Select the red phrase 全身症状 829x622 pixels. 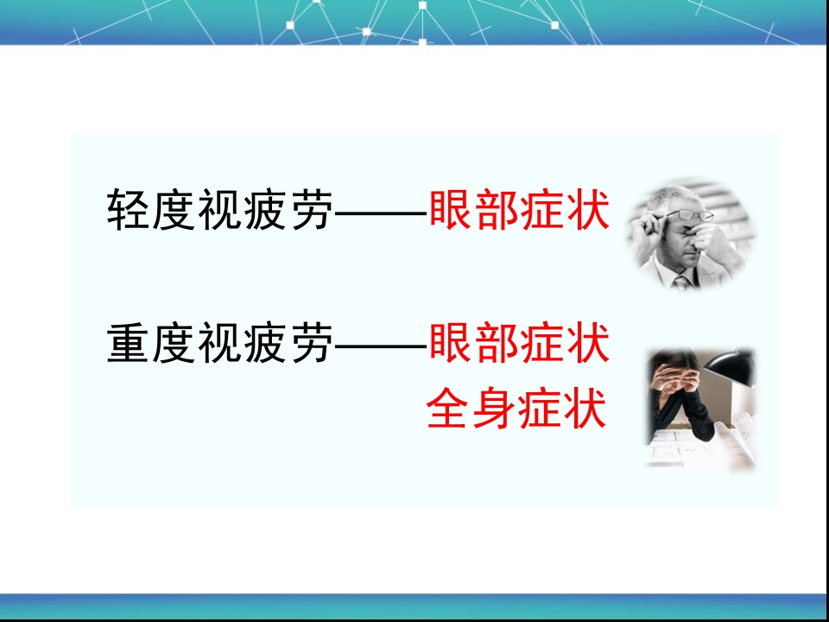coord(516,409)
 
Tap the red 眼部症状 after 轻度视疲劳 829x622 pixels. coord(518,211)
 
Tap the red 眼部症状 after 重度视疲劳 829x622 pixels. coord(518,344)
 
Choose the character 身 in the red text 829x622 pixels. coord(494,409)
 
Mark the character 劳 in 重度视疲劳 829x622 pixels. coord(310,344)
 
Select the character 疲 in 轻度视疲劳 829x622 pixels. coord(264,211)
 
